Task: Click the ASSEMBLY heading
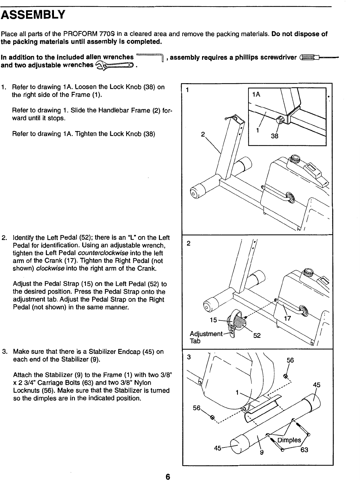(x=34, y=15)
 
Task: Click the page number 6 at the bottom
(x=168, y=476)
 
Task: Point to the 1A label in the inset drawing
(x=256, y=94)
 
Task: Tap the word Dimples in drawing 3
(x=289, y=440)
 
